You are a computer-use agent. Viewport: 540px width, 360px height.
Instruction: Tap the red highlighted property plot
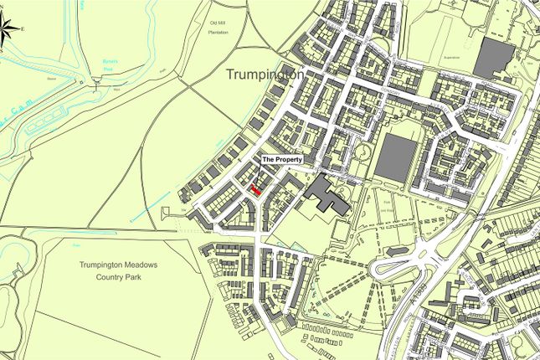click(256, 191)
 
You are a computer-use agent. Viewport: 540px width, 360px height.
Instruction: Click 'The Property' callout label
click(282, 159)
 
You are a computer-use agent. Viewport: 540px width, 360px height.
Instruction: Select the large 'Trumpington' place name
click(265, 75)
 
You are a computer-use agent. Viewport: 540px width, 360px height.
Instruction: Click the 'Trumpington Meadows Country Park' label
click(118, 270)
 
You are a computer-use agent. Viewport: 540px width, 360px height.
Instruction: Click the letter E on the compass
click(23, 30)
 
